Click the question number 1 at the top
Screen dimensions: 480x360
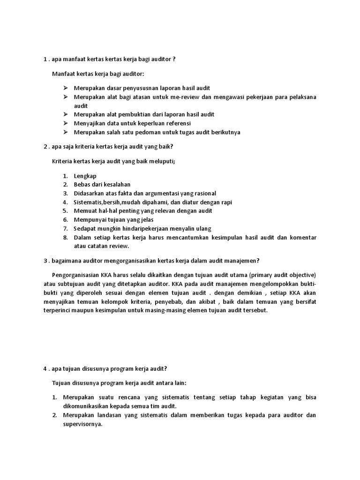tap(45, 60)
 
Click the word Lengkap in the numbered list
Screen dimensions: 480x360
tap(85, 175)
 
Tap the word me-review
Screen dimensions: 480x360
tap(193, 97)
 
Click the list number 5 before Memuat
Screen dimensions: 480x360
tap(66, 211)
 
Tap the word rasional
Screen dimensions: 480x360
tap(205, 193)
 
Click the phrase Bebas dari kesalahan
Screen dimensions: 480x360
tap(102, 184)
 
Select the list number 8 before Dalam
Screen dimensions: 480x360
tap(66, 238)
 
